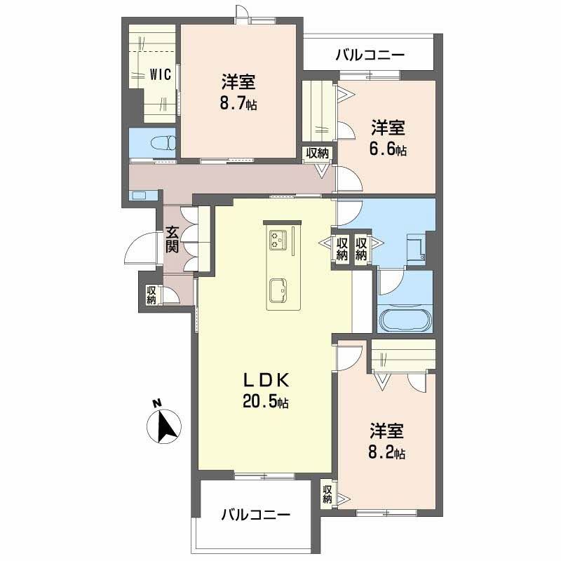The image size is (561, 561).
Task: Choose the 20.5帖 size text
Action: (266, 403)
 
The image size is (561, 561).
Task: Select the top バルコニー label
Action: (370, 54)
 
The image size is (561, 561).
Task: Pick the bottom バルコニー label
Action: (255, 515)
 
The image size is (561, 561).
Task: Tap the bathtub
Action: (406, 320)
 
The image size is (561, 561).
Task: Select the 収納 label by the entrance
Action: (151, 295)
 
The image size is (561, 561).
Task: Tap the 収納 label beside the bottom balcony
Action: (327, 494)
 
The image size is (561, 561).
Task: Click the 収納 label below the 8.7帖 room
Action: (317, 154)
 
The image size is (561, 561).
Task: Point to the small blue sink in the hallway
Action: (138, 195)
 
